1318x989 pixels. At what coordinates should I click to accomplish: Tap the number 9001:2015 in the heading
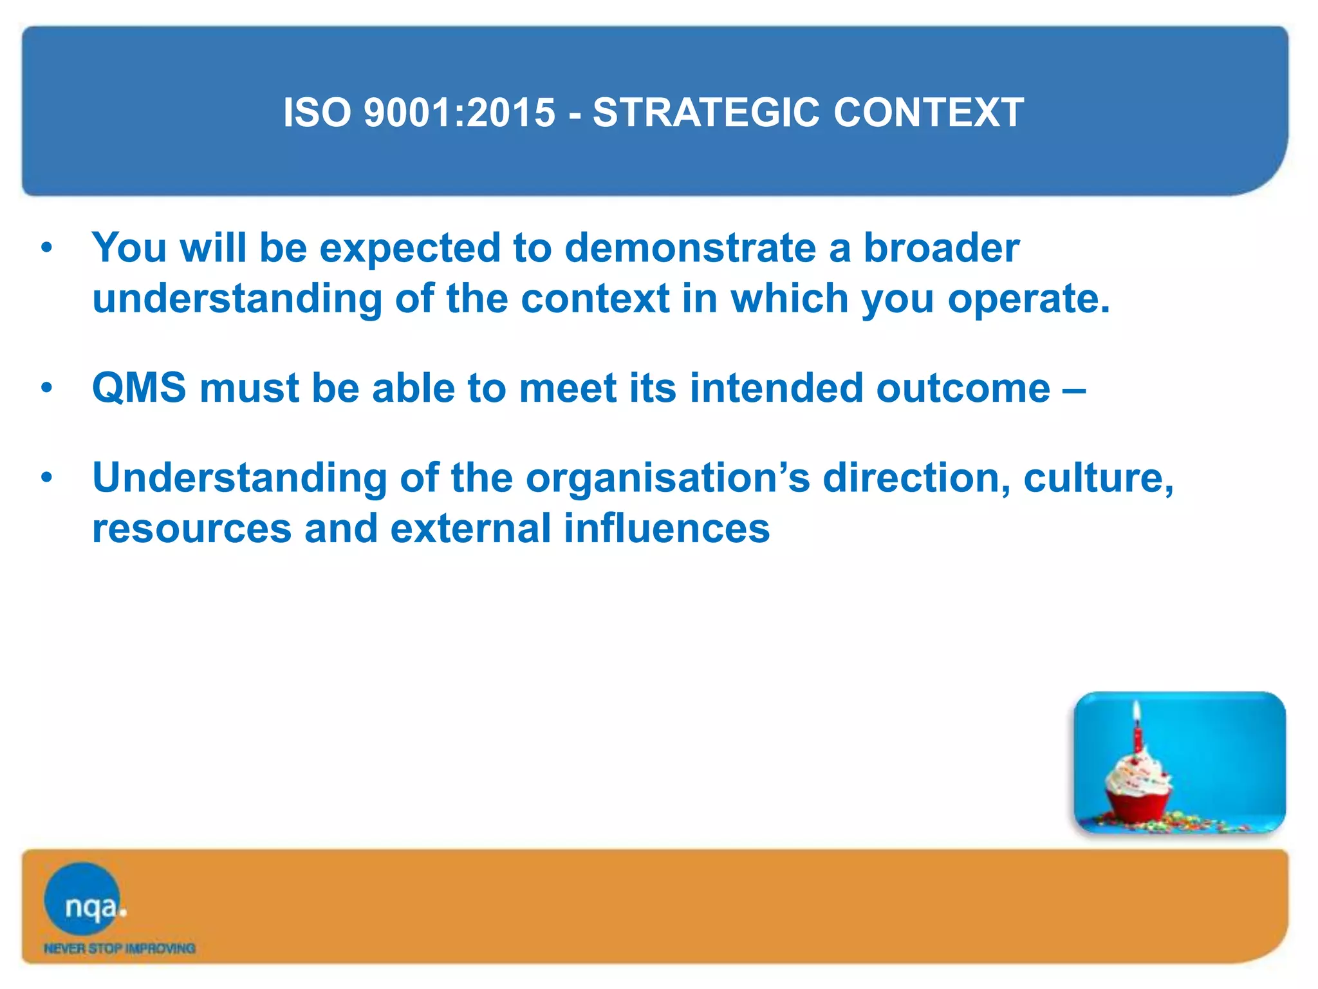click(x=459, y=113)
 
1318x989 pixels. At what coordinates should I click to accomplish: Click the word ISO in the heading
click(x=317, y=113)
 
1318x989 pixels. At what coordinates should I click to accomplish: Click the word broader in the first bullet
click(x=941, y=248)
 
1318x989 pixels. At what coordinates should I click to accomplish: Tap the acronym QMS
click(x=139, y=388)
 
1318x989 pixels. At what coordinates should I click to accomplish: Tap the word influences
click(x=666, y=529)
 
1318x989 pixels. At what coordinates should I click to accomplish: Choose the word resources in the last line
click(x=192, y=530)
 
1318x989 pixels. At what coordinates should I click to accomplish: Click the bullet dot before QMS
click(x=46, y=388)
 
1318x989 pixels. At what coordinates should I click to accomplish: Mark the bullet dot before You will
click(x=46, y=248)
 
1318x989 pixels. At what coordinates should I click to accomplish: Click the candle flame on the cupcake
click(x=1137, y=711)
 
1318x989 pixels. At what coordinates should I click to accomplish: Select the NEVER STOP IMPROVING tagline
click(x=119, y=948)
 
